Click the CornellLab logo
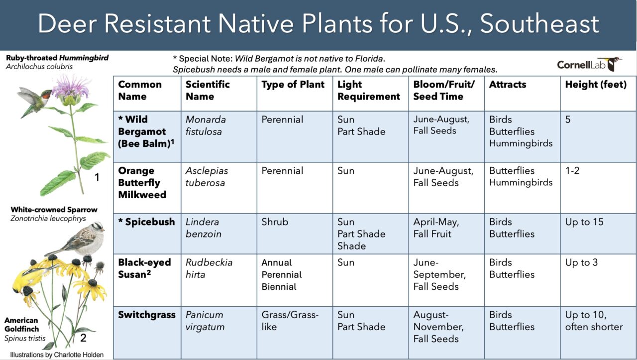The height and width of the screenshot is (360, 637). (x=589, y=64)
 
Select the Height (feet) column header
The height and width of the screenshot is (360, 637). (x=596, y=85)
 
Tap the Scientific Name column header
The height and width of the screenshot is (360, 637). (x=208, y=90)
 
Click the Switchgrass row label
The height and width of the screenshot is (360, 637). (x=147, y=315)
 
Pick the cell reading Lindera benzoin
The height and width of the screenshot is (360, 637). (x=204, y=228)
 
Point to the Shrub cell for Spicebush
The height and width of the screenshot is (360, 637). (x=275, y=222)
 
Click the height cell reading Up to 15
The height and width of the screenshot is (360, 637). (x=584, y=222)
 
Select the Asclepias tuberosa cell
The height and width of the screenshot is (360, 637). (x=207, y=176)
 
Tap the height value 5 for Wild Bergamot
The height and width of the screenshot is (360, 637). (x=568, y=119)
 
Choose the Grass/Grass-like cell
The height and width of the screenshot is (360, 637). (x=290, y=321)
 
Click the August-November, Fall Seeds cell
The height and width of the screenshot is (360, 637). (x=438, y=327)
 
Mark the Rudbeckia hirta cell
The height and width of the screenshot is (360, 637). (x=209, y=268)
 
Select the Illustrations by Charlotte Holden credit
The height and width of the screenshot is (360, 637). (x=57, y=355)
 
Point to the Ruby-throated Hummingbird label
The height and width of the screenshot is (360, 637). (x=57, y=58)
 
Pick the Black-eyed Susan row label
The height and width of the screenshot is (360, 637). (x=144, y=268)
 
